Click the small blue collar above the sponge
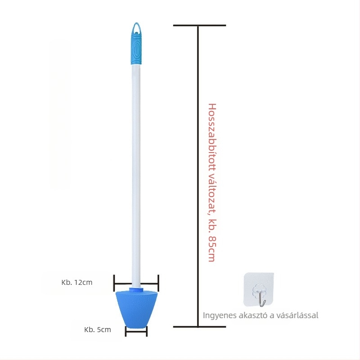pos(136,289)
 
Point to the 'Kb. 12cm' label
pos(77,282)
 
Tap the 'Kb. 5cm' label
pos(98,329)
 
